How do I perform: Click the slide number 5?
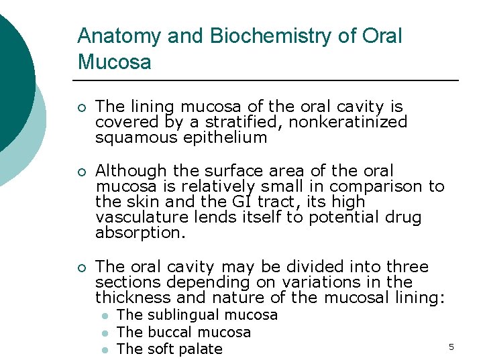point(451,347)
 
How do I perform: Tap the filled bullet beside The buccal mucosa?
point(105,333)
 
